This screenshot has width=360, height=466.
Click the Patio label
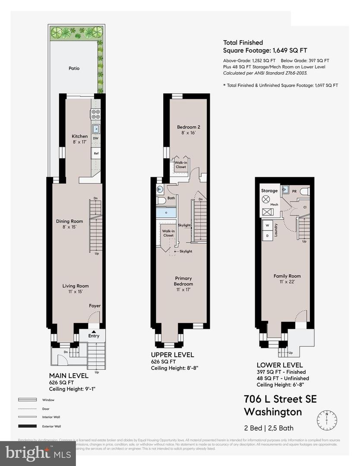[x=74, y=68]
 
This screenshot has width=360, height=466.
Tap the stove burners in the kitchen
[x=95, y=114]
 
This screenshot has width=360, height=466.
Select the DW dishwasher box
[x=95, y=139]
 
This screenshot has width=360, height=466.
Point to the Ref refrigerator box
[x=95, y=153]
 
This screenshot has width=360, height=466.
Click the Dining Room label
[x=69, y=224]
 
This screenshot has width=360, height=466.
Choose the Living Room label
[x=76, y=289]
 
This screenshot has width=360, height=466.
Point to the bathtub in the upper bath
[x=166, y=213]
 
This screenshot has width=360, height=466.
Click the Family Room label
[x=287, y=279]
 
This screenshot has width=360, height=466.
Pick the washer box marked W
[x=267, y=226]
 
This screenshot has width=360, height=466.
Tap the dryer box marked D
[x=267, y=236]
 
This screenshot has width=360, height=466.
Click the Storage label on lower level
[x=269, y=190]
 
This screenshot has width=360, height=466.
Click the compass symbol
[x=327, y=419]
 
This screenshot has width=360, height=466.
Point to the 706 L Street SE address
[x=280, y=399]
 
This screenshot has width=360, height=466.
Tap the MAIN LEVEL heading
[x=69, y=376]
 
